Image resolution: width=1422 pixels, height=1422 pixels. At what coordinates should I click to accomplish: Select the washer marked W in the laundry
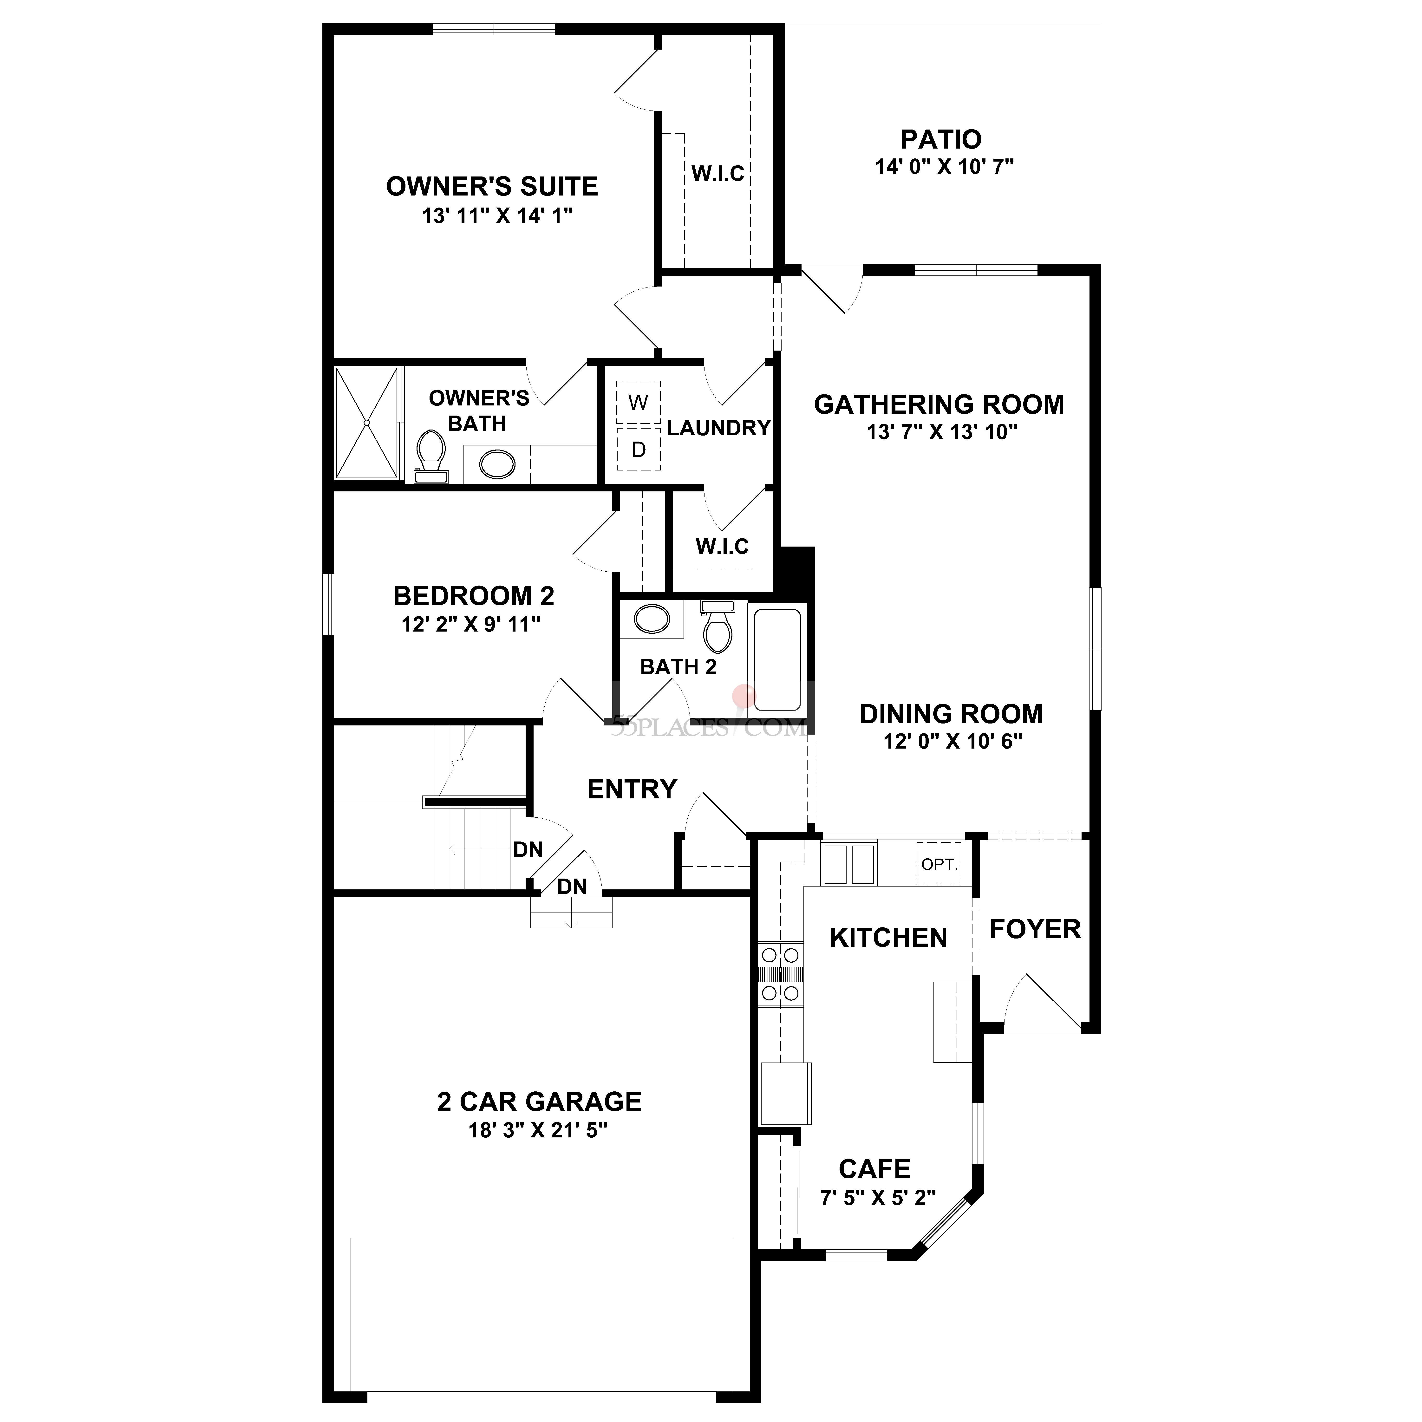click(638, 403)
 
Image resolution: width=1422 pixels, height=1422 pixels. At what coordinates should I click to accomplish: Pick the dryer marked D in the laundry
click(638, 449)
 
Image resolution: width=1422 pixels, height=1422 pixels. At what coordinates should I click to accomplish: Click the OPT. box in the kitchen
click(939, 864)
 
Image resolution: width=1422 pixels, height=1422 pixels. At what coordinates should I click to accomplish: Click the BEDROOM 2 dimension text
click(471, 625)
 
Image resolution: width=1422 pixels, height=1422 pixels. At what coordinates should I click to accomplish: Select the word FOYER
click(1035, 930)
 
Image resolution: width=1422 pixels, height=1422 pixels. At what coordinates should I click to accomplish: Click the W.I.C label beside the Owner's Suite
click(718, 174)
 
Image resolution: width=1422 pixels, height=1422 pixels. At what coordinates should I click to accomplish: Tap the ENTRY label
click(632, 789)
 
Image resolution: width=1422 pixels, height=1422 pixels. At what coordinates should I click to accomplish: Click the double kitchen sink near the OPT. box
click(849, 864)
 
